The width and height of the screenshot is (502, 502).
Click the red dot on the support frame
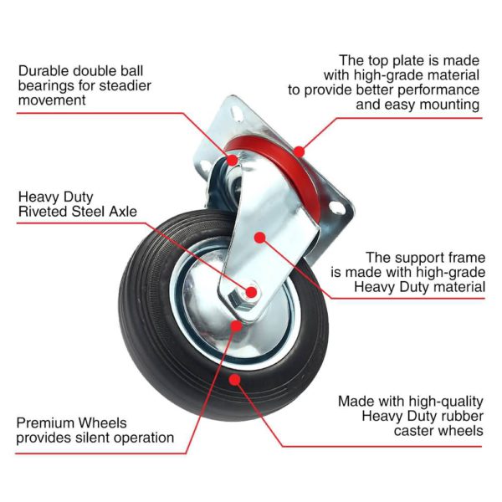(x=259, y=238)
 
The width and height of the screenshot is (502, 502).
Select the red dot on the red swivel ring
(x=299, y=152)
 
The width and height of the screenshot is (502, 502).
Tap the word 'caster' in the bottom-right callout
(x=417, y=431)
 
